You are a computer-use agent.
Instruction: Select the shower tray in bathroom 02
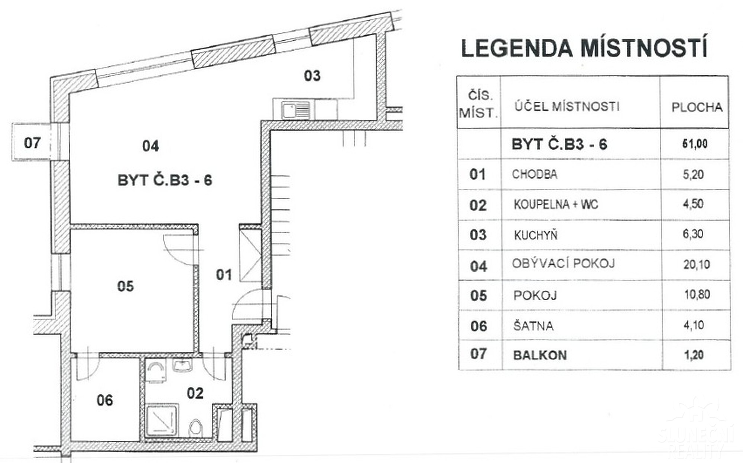click(x=162, y=421)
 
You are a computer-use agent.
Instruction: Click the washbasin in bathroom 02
click(x=182, y=365)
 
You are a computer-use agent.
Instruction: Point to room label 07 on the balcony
click(x=32, y=143)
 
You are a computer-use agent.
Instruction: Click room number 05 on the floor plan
click(x=125, y=286)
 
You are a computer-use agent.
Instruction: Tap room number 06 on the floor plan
click(x=104, y=400)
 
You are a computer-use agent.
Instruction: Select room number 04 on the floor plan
click(x=150, y=146)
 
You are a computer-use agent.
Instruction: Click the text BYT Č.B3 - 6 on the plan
click(x=165, y=180)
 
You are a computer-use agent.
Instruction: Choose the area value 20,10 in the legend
click(x=697, y=265)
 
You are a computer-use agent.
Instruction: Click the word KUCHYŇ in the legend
click(x=536, y=235)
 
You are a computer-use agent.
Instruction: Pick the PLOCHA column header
click(x=697, y=107)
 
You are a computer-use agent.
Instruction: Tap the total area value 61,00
click(x=695, y=144)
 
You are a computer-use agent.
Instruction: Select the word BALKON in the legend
click(x=540, y=355)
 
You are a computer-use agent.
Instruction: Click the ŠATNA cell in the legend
click(x=533, y=326)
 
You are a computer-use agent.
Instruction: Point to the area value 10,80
click(x=697, y=295)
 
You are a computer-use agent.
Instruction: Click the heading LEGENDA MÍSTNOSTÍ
click(x=584, y=48)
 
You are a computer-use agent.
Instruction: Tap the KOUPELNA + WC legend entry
click(x=556, y=204)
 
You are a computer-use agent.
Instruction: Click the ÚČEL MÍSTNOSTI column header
click(x=567, y=107)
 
